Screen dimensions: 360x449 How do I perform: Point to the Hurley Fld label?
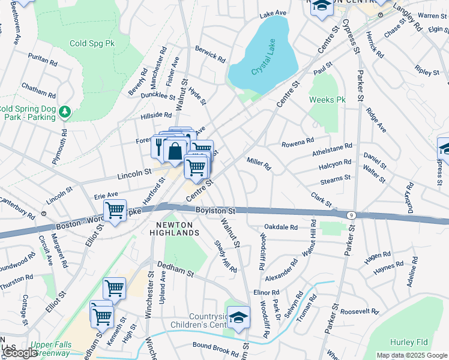(x=408, y=343)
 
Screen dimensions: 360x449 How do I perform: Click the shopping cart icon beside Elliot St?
(x=114, y=211)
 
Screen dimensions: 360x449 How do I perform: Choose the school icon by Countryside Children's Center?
(x=239, y=317)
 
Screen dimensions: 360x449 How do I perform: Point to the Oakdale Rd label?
(x=281, y=227)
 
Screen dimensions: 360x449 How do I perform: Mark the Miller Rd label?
(x=259, y=163)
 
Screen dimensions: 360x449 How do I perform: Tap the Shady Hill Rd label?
(x=226, y=256)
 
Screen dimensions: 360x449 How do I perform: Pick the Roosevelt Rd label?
(x=359, y=312)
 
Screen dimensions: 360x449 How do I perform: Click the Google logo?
(x=20, y=353)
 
